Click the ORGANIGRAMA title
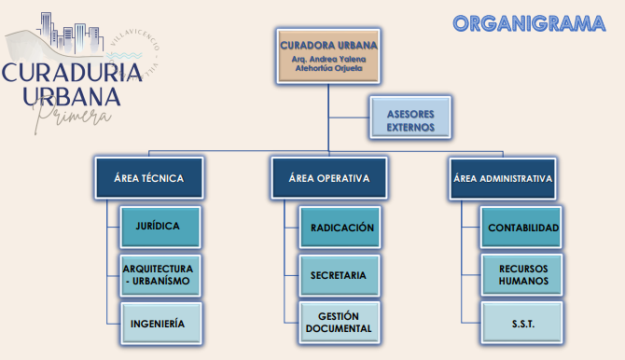pos(528,23)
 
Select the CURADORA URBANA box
pos(328,56)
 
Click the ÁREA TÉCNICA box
pos(149,178)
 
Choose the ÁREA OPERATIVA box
pos(328,178)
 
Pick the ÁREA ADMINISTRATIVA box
pos(503,178)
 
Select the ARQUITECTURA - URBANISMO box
pos(159,275)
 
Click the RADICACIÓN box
pos(340,227)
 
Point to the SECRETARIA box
pos(340,275)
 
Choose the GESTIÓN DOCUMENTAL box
pos(340,323)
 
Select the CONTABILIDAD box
pos(521,227)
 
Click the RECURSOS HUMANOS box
pos(521,275)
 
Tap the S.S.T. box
pos(521,323)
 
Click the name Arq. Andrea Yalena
pos(328,58)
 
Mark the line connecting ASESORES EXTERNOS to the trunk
pos(349,118)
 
